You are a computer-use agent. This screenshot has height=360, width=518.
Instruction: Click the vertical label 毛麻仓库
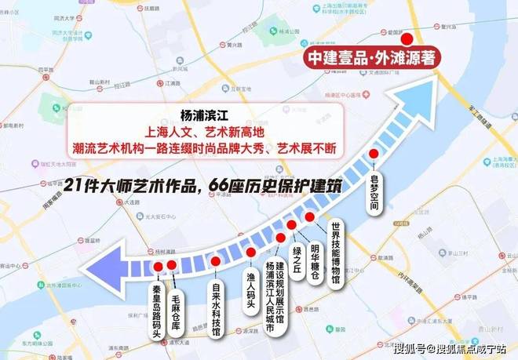178,299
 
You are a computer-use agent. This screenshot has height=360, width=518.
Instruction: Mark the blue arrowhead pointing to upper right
410,104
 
